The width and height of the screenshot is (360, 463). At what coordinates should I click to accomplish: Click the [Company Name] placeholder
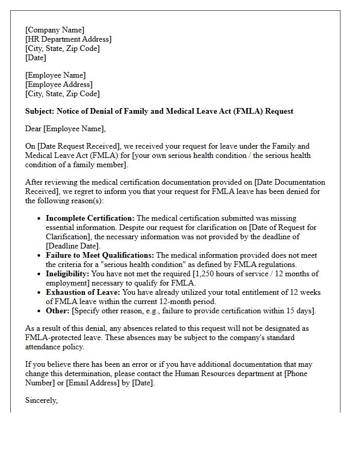click(55, 30)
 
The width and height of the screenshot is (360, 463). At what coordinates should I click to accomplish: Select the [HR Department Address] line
click(68, 39)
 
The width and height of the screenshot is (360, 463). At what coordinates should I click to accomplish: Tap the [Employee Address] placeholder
click(59, 84)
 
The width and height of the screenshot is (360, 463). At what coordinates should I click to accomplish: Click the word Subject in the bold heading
click(39, 111)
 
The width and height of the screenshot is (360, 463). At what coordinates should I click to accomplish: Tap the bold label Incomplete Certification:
click(90, 219)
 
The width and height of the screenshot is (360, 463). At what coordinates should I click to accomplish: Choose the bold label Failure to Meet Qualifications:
click(100, 256)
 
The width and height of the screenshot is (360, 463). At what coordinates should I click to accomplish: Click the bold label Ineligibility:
click(67, 274)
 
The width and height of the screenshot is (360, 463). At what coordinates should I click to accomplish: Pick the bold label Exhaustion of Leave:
click(83, 293)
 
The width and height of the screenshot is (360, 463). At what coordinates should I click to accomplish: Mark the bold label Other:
click(57, 311)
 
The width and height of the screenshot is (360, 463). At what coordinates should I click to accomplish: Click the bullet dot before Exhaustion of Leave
click(40, 293)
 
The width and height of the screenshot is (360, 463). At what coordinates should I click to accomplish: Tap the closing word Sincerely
click(41, 401)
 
